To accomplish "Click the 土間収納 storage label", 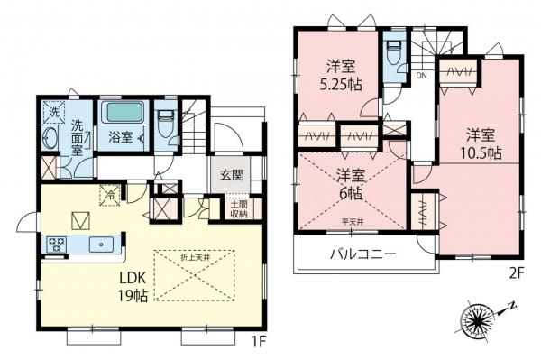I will click(237, 210).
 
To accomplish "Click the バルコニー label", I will click(362, 254).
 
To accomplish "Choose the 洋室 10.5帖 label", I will click(480, 143).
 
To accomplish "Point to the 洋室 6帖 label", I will click(350, 183).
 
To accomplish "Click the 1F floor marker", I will click(256, 342).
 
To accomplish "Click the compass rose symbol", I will click(477, 318).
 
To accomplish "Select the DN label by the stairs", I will click(421, 77).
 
